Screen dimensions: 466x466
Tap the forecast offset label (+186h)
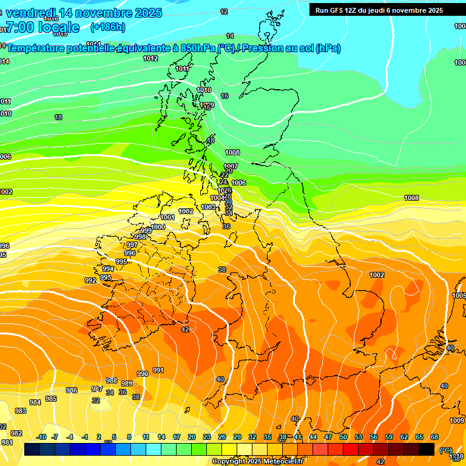[107, 27]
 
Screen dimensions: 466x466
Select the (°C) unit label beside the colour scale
[446, 450]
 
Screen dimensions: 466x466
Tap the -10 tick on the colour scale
[41, 437]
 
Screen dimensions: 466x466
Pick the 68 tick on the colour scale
[434, 437]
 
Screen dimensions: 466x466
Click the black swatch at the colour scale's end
[427, 449]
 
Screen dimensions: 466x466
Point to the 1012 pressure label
[150, 58]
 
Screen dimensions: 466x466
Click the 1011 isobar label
[182, 69]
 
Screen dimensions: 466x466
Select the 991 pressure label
[158, 370]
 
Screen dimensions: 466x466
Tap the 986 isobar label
[72, 390]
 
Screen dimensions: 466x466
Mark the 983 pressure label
[21, 411]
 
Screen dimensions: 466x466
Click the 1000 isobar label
[158, 227]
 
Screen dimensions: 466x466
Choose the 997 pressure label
[132, 245]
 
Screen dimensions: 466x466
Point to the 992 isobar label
[90, 280]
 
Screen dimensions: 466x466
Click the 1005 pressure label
[459, 295]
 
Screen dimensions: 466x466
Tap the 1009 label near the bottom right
[457, 420]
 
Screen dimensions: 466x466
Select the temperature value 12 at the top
[224, 12]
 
